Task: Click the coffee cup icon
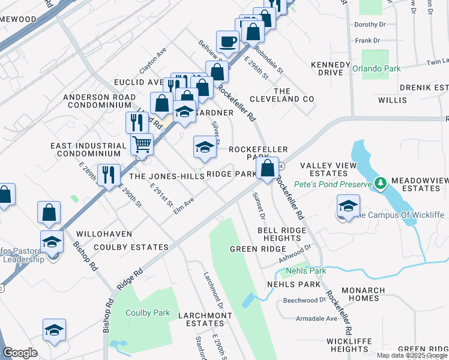pos(228,41)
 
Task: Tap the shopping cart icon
pos(142,144)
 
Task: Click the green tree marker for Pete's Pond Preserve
pos(379,182)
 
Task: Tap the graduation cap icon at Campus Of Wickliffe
pos(348,206)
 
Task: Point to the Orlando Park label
pos(376,68)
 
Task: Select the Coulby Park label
pos(148,313)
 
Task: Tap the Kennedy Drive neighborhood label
pos(331,68)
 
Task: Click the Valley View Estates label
pos(328,170)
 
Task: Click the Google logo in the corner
pos(20,352)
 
